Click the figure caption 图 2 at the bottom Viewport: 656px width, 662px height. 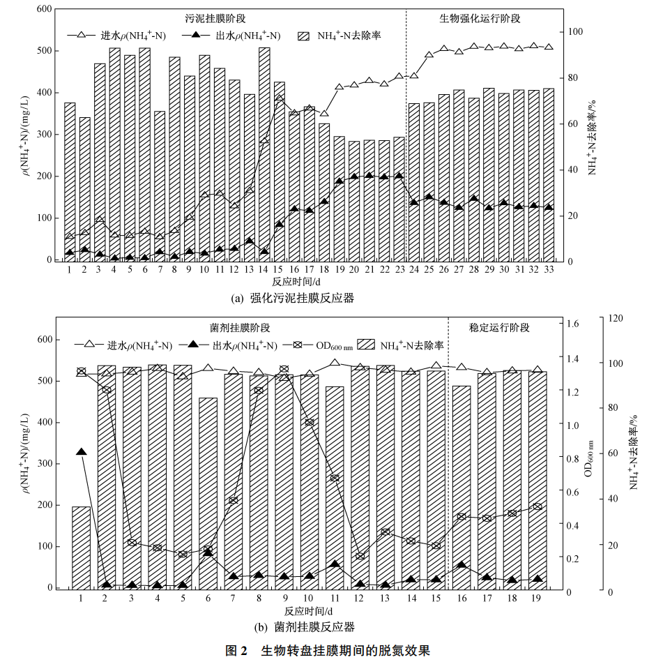click(328, 651)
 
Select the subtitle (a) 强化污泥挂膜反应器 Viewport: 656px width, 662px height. click(292, 298)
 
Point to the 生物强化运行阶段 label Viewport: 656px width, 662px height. click(480, 18)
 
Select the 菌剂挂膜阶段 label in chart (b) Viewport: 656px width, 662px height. click(239, 327)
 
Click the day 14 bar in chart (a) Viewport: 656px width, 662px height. click(264, 153)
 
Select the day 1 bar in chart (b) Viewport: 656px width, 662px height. click(81, 547)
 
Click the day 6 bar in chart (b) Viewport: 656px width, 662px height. click(208, 492)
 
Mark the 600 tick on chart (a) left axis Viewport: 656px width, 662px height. click(44, 9)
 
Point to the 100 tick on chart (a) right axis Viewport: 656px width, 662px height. click(575, 32)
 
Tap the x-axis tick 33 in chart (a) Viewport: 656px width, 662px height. click(548, 269)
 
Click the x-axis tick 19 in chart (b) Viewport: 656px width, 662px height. click(537, 598)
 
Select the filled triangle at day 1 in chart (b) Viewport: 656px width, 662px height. click(81, 453)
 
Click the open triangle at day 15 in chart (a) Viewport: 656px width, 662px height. click(279, 99)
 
